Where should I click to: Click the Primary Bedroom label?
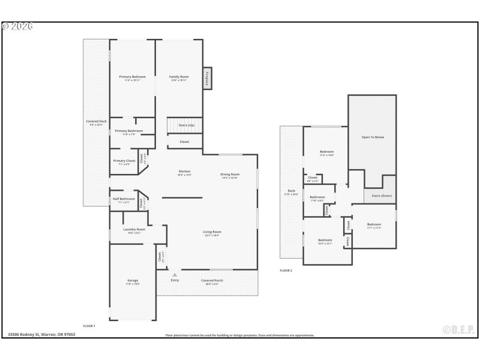(132, 77)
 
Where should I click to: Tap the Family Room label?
(179, 77)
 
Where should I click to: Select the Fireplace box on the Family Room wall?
(207, 78)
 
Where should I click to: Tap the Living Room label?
(212, 232)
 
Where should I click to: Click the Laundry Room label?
(134, 229)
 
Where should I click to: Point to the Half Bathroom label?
(124, 199)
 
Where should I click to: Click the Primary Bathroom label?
(129, 131)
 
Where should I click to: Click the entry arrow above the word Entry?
(175, 275)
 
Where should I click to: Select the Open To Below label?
(373, 137)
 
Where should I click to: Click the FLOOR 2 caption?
(286, 271)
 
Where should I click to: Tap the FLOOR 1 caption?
(89, 325)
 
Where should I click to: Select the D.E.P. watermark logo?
(458, 329)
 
